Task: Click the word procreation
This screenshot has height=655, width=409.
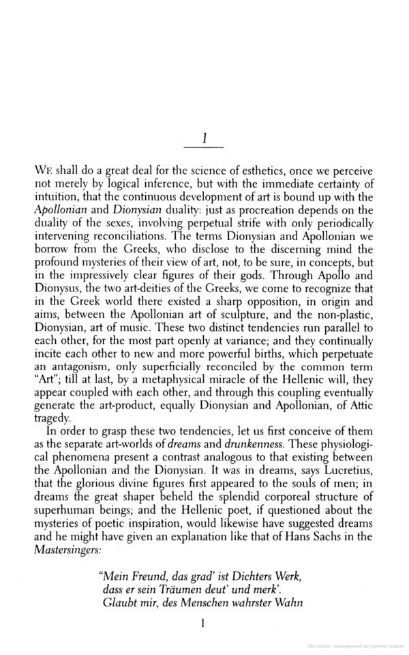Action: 290,209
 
